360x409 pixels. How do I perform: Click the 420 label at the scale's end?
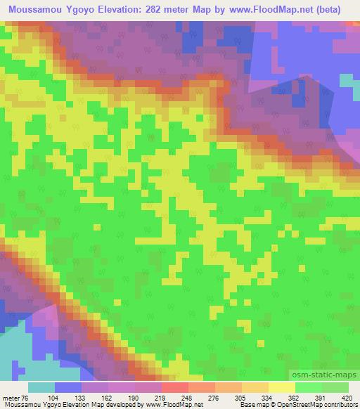pos(347,397)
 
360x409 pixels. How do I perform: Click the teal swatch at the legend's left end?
pos(41,387)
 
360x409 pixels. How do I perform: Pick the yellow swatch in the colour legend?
pos(282,387)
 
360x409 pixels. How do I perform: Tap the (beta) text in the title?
pos(330,10)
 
